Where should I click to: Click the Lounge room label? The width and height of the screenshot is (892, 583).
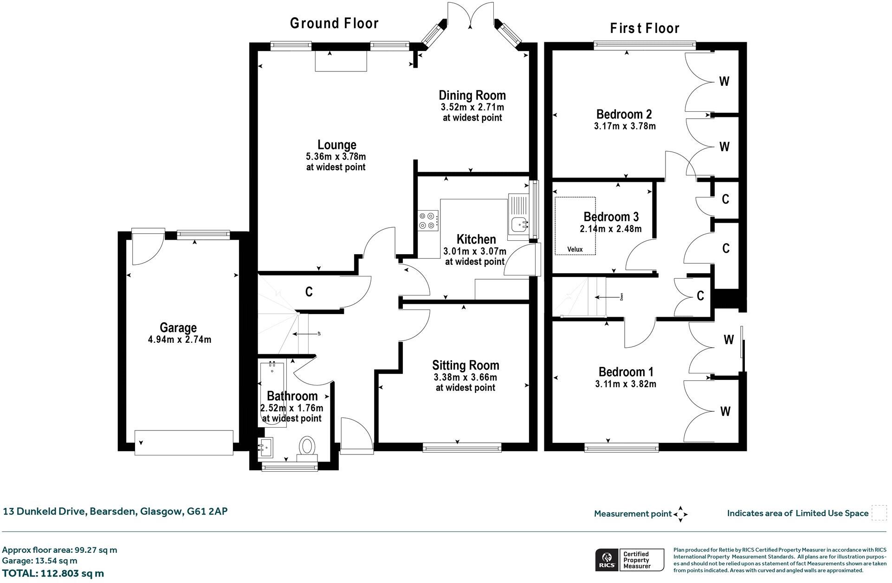[336, 145]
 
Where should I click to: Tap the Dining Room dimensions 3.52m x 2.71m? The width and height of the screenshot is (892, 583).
[472, 107]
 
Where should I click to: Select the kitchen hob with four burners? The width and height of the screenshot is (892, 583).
[428, 220]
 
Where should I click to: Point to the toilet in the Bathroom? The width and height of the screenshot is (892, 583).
[307, 446]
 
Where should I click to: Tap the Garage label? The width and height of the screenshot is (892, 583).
[178, 328]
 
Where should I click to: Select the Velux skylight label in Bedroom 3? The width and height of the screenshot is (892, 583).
[575, 250]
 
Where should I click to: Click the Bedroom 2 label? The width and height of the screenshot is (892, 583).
[624, 114]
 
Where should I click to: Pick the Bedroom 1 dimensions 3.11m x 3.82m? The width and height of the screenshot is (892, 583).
[625, 384]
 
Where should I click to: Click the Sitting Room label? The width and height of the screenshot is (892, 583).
[465, 365]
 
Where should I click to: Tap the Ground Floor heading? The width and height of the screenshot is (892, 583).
[334, 23]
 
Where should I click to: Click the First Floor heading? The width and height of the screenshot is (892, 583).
[645, 28]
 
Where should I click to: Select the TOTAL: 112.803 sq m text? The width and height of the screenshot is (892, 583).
[53, 573]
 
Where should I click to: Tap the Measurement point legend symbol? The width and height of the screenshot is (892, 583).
[680, 514]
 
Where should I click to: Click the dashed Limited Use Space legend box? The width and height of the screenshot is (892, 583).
[879, 513]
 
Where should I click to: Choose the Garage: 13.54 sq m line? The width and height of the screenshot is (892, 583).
[39, 561]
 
